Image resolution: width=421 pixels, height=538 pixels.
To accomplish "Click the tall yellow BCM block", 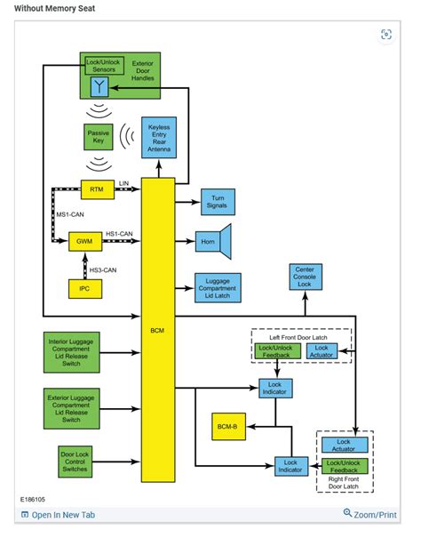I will tap(158, 329).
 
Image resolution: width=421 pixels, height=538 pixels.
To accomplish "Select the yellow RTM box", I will tap(97, 189).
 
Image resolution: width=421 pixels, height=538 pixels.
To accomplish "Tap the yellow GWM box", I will tap(85, 240).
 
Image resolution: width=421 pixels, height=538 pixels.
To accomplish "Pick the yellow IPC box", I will tap(85, 288).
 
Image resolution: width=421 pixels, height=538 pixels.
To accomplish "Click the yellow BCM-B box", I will tap(227, 428).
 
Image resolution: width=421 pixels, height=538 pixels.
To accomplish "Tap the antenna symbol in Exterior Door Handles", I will tap(99, 85).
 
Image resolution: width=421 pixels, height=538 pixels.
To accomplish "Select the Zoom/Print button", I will tap(370, 514).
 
